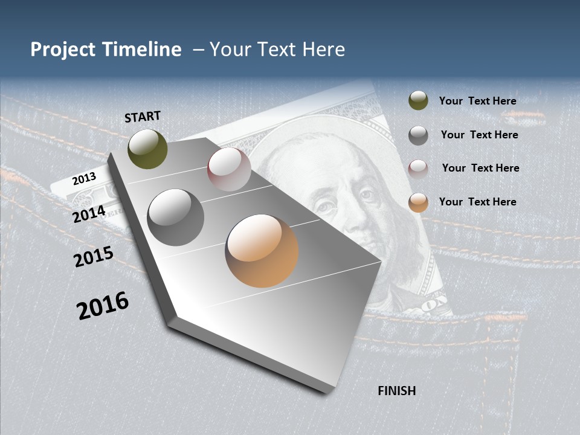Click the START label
(x=143, y=117)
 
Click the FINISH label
(x=397, y=391)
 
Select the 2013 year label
(x=84, y=178)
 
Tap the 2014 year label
(x=89, y=214)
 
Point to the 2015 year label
(x=94, y=257)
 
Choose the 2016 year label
(x=103, y=306)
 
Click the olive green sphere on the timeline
(x=147, y=149)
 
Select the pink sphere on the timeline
(x=229, y=169)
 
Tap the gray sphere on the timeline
(x=176, y=217)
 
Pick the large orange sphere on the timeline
(x=262, y=251)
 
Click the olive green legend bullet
(x=418, y=101)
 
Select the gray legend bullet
(x=418, y=135)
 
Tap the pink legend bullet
(x=418, y=169)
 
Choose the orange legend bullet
(x=418, y=202)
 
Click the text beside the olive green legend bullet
(x=477, y=101)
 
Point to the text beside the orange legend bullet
(x=477, y=202)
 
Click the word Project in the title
(x=63, y=50)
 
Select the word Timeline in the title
(x=142, y=50)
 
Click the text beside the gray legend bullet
(x=479, y=135)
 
